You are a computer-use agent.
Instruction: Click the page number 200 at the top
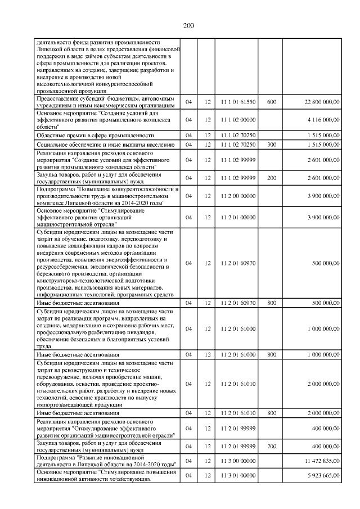click(x=188, y=25)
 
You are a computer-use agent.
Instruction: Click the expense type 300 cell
click(x=272, y=145)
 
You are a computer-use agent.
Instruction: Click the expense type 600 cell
click(x=272, y=102)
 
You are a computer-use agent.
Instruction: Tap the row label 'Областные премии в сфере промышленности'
click(x=95, y=136)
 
